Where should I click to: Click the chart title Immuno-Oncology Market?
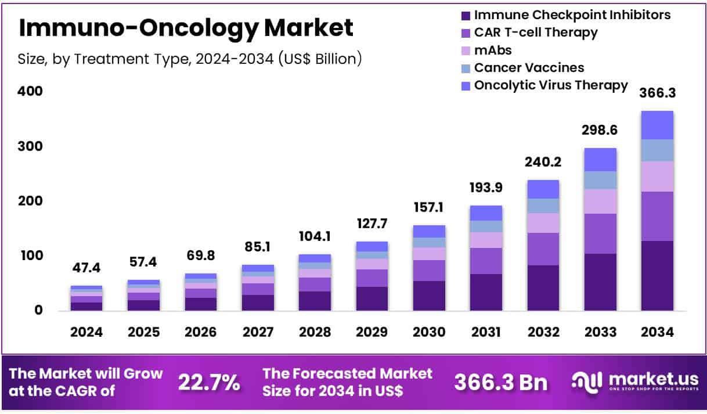(x=186, y=27)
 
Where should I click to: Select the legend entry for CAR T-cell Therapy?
(x=535, y=33)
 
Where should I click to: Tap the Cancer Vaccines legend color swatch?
(x=466, y=69)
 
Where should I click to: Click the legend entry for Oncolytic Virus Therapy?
(x=550, y=85)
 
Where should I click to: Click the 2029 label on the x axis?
(x=372, y=332)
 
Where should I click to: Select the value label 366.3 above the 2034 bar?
(x=658, y=93)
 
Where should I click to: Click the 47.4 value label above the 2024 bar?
(x=86, y=268)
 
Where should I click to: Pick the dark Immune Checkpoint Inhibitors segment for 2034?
(x=657, y=276)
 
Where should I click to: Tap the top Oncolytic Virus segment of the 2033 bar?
(x=600, y=160)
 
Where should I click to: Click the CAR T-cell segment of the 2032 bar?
(x=543, y=249)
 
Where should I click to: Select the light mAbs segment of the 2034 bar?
(x=657, y=177)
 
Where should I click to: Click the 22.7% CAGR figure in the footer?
(x=208, y=382)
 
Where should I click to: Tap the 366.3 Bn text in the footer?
(x=500, y=382)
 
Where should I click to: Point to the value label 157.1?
(x=429, y=207)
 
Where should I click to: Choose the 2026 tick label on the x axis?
(x=200, y=332)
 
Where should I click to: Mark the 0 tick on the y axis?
(x=38, y=311)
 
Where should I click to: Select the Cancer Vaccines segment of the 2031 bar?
(x=486, y=226)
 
